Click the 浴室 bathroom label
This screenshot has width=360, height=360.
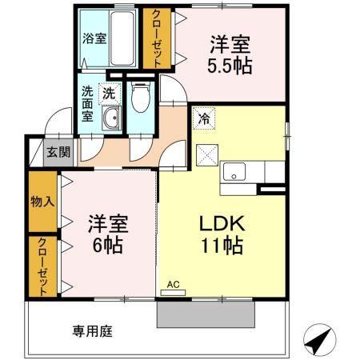pyautogui.click(x=94, y=38)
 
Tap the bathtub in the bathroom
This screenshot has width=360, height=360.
pyautogui.click(x=122, y=38)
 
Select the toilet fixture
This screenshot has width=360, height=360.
pyautogui.click(x=141, y=97)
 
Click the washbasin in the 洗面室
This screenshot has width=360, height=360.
pyautogui.click(x=111, y=118)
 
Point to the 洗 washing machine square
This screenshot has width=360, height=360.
pyautogui.click(x=110, y=94)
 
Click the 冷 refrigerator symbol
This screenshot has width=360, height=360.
pyautogui.click(x=204, y=118)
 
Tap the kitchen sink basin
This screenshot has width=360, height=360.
pyautogui.click(x=234, y=172)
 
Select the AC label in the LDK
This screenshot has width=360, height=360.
pyautogui.click(x=173, y=285)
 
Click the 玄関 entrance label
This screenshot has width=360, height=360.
pyautogui.click(x=58, y=153)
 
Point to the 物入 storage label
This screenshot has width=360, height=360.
pyautogui.click(x=42, y=202)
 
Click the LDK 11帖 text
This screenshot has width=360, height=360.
pyautogui.click(x=222, y=234)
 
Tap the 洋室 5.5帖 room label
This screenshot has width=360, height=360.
pyautogui.click(x=230, y=55)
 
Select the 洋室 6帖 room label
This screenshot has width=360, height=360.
pyautogui.click(x=108, y=234)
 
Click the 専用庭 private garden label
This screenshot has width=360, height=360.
pyautogui.click(x=92, y=331)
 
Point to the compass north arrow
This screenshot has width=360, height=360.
pyautogui.click(x=320, y=340)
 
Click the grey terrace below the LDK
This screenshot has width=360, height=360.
pyautogui.click(x=206, y=314)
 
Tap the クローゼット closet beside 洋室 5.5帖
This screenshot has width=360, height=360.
pyautogui.click(x=157, y=38)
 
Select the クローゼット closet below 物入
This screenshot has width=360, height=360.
pyautogui.click(x=42, y=266)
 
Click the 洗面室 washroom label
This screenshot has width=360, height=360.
pyautogui.click(x=87, y=104)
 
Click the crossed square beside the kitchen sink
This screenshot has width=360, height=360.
pyautogui.click(x=207, y=155)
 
